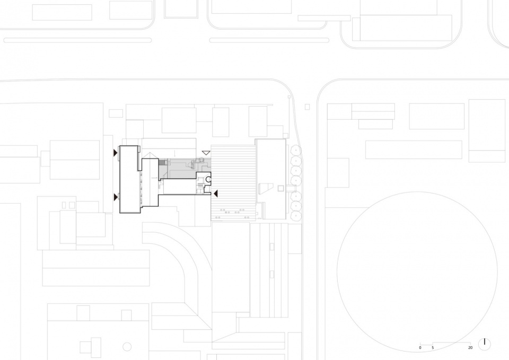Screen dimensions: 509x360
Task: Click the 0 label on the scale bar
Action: pos(420,348)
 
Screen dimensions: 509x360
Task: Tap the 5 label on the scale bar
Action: pos(433,348)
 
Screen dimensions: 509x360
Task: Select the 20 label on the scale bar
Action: pos(470,348)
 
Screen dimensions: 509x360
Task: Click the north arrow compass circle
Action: pos(485,345)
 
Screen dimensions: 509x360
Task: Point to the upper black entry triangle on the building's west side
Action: pos(115,153)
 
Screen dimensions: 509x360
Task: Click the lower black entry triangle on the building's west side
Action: pos(115,197)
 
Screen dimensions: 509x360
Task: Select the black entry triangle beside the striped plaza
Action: pos(216,194)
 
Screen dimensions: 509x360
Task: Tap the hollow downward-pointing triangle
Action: pos(206,153)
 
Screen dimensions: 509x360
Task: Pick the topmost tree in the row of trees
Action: pos(296,150)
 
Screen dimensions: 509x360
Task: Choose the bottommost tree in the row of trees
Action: pos(296,215)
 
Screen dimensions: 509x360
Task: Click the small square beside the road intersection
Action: pos(307,107)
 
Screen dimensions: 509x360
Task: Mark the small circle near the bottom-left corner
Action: pos(127,347)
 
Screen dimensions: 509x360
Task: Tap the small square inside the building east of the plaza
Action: pos(281,188)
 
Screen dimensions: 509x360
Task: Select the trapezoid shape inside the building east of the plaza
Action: pos(266,188)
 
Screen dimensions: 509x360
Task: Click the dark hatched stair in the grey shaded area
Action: pos(162,162)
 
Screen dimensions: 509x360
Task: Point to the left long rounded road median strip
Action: pos(77,40)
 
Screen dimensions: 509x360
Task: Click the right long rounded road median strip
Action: pos(269,40)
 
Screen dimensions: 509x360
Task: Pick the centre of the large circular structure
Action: pos(417,271)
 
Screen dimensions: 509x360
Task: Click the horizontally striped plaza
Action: pos(233,183)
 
